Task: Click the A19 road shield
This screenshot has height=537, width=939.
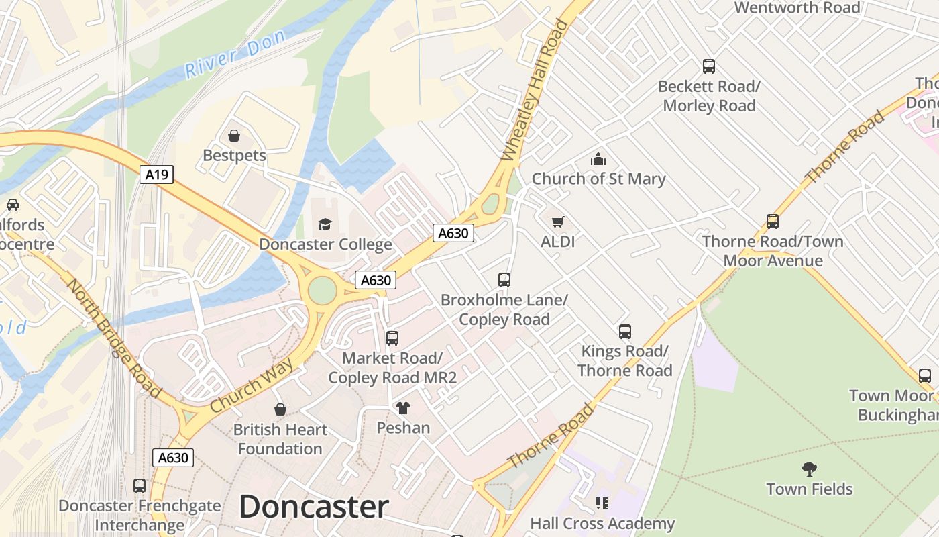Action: (157, 175)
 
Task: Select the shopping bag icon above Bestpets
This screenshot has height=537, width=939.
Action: (234, 136)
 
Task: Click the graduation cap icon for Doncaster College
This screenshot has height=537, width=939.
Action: (325, 224)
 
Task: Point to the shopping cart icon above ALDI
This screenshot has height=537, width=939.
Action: (557, 222)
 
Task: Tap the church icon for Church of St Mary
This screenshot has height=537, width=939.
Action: (598, 159)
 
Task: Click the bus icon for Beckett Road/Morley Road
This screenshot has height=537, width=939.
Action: (709, 66)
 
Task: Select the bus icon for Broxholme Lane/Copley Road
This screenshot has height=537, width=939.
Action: (504, 280)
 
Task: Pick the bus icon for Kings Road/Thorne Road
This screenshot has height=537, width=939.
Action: (625, 331)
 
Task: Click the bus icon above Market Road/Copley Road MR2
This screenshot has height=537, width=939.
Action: (392, 338)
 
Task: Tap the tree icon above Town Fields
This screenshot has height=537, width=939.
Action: (810, 469)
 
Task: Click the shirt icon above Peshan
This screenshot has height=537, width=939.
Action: (402, 407)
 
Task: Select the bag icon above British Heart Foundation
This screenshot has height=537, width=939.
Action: (280, 409)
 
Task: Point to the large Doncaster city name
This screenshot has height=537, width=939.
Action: (314, 506)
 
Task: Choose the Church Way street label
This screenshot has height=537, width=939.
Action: (252, 385)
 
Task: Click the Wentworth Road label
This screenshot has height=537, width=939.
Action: (797, 8)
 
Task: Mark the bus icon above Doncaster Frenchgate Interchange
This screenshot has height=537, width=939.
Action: (140, 485)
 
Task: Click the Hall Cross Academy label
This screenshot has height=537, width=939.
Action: (602, 523)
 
